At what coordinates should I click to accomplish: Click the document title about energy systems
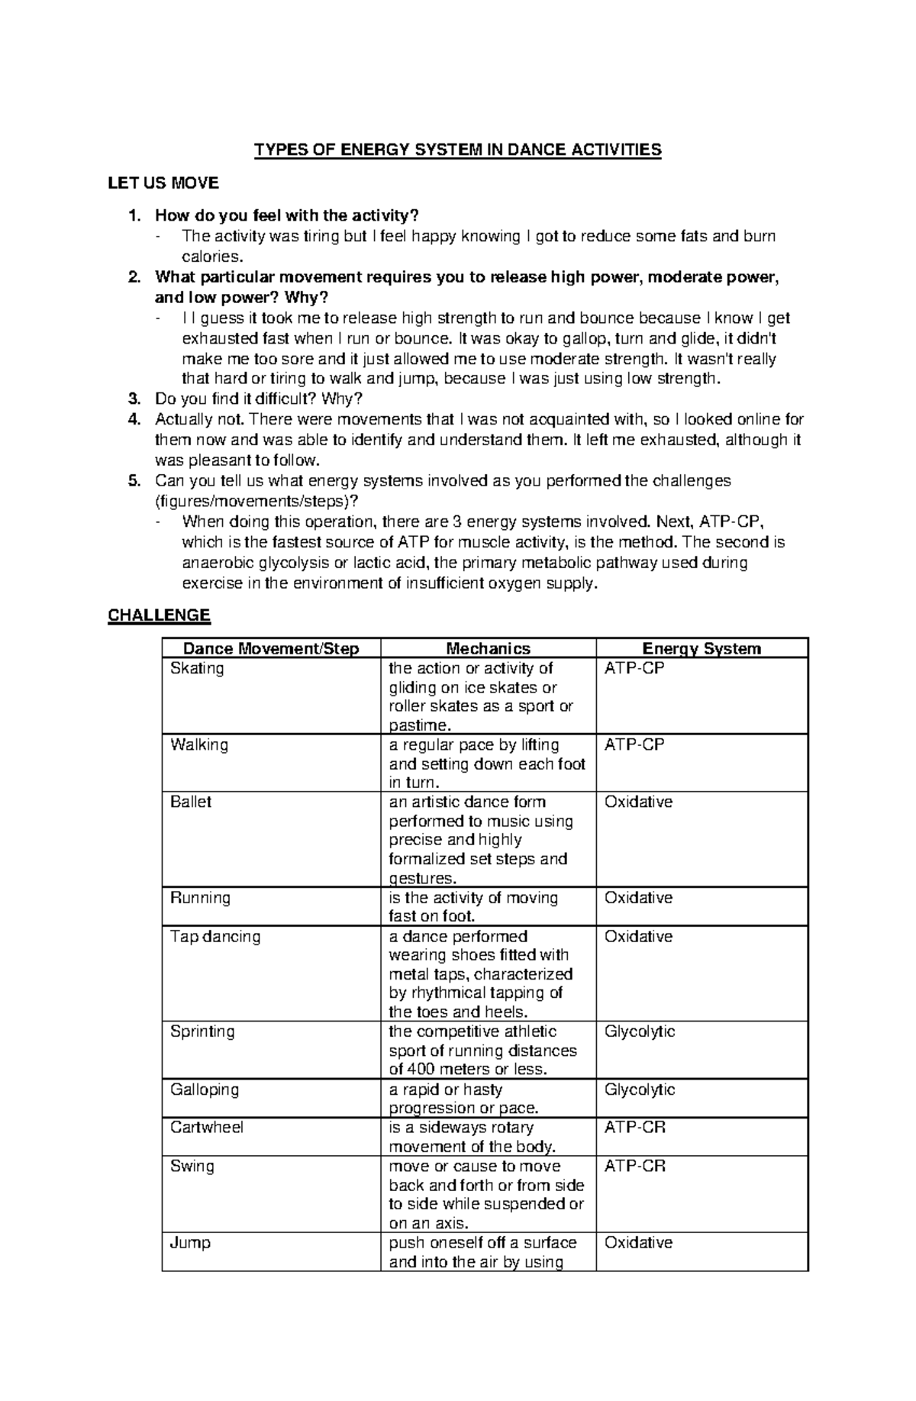pos(457,150)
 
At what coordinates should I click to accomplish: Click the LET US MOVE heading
pos(163,183)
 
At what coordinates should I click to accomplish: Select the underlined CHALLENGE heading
pos(159,615)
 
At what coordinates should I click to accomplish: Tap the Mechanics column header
pos(488,649)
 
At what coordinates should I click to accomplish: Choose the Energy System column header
pos(702,649)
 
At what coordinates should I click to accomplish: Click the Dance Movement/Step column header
pos(271,649)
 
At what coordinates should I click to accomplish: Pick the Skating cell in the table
pos(197,669)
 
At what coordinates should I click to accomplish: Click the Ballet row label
pos(191,802)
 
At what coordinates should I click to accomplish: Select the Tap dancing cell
pos(214,937)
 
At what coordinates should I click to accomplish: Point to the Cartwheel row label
pos(206,1128)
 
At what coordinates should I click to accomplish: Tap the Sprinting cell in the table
pos(202,1032)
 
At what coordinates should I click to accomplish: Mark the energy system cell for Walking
pos(634,745)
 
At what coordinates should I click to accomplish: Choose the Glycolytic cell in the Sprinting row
pos(640,1032)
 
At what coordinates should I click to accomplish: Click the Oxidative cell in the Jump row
pos(638,1243)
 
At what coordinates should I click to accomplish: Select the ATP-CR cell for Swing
pos(634,1167)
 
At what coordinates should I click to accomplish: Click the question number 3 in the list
pos(134,399)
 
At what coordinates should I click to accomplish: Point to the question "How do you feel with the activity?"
pos(287,216)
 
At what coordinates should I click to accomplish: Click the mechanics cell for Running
pos(473,907)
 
